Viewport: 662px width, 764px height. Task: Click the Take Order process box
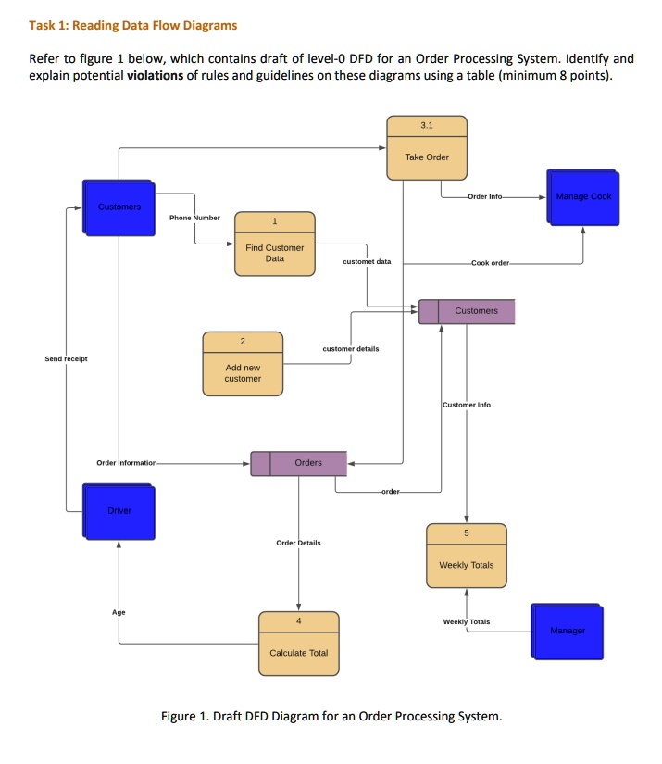click(426, 147)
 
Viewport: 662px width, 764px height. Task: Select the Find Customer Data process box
click(274, 244)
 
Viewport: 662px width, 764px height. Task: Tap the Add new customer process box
click(243, 364)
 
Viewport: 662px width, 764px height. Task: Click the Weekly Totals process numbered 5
click(466, 556)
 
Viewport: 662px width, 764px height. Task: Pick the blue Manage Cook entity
click(582, 197)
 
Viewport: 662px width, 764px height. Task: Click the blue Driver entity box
click(118, 510)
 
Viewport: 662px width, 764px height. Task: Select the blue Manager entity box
click(567, 631)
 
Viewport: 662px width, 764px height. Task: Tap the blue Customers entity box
click(119, 207)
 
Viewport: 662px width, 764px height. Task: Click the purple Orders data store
click(299, 463)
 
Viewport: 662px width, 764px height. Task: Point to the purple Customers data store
click(467, 311)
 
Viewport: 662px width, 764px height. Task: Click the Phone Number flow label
click(194, 218)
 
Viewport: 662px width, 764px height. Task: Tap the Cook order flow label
click(490, 263)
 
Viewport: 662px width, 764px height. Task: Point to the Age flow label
click(119, 612)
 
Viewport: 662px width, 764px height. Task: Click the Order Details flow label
click(298, 543)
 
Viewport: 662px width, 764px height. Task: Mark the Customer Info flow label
click(467, 405)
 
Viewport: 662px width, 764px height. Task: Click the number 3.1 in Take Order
click(426, 124)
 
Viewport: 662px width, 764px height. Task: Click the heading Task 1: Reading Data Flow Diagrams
click(133, 25)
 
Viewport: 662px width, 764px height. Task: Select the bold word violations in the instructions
click(156, 75)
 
